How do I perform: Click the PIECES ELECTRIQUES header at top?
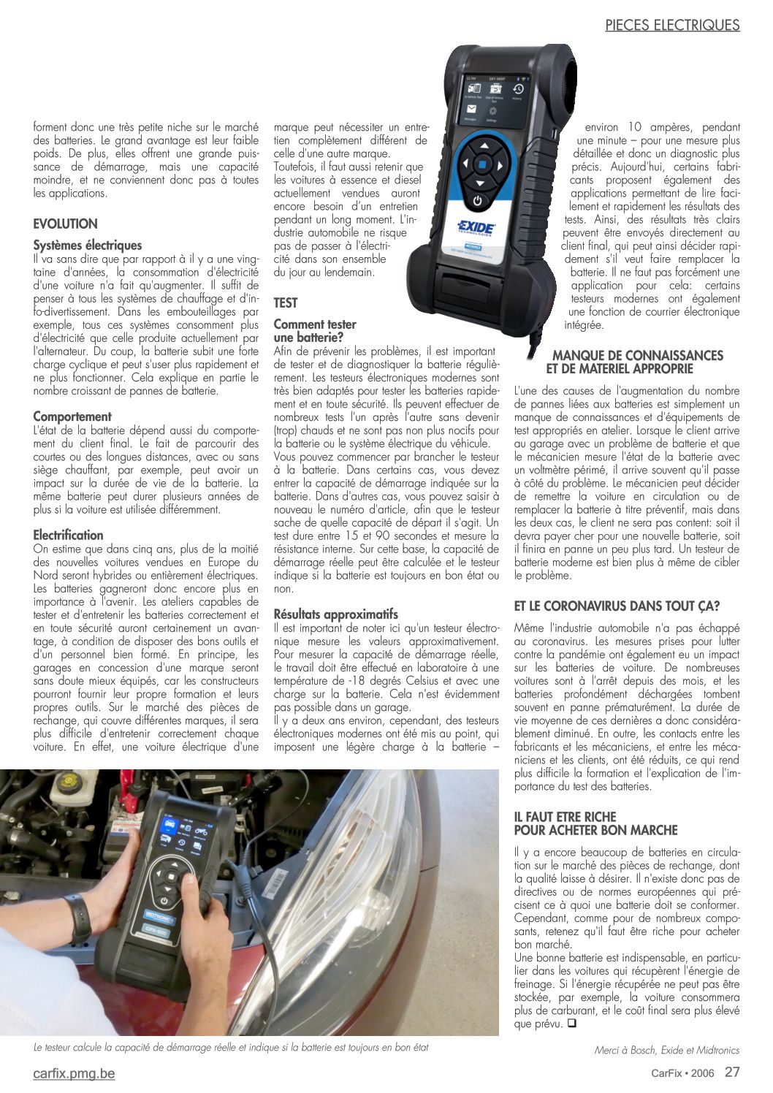pos(672,25)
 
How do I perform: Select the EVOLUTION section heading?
pos(65,224)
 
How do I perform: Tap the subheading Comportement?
pos(72,416)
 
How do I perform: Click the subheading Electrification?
pos(68,535)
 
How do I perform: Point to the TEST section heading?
pos(286,302)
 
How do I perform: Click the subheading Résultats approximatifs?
pos(336,614)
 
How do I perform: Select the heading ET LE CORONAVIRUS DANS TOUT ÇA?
pos(617,606)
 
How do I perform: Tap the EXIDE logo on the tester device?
pos(476,227)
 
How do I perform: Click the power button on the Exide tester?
pos(478,200)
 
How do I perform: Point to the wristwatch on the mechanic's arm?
pos(77,918)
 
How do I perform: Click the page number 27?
pos(732,1073)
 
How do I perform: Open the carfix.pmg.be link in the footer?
pos(74,1073)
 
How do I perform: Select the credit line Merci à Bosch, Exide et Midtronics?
pos(666,1050)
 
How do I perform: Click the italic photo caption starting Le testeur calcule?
pos(231,1047)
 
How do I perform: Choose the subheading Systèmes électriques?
pos(88,245)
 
